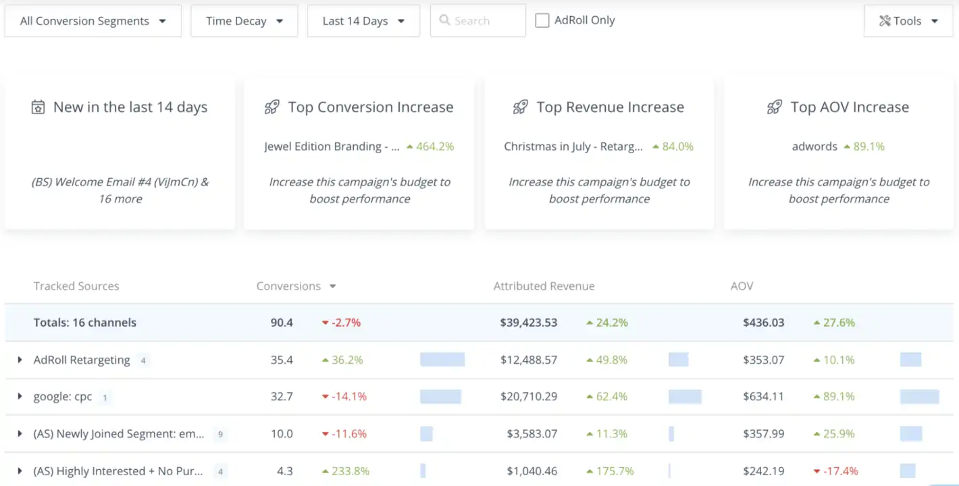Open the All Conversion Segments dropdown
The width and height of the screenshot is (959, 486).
[93, 21]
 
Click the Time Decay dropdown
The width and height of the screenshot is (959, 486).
[244, 21]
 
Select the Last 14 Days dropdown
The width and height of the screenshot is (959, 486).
[363, 21]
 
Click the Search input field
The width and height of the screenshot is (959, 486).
[478, 21]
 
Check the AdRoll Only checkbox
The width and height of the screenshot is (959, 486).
[542, 21]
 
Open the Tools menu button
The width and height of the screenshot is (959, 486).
[908, 21]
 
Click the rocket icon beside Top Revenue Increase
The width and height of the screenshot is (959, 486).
[520, 107]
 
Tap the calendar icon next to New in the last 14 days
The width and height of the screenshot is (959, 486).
[38, 107]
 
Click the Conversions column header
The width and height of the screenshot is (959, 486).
[288, 286]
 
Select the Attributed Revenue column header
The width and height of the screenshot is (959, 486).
[544, 286]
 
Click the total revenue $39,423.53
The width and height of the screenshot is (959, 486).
[528, 323]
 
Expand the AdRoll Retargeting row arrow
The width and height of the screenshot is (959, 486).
[20, 360]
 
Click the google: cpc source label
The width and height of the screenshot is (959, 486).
[63, 397]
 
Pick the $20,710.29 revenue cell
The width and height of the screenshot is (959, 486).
[528, 397]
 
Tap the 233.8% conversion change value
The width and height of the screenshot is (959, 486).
[346, 471]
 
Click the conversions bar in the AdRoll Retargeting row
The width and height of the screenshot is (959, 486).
[442, 360]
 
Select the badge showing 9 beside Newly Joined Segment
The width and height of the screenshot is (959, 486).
[220, 435]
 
